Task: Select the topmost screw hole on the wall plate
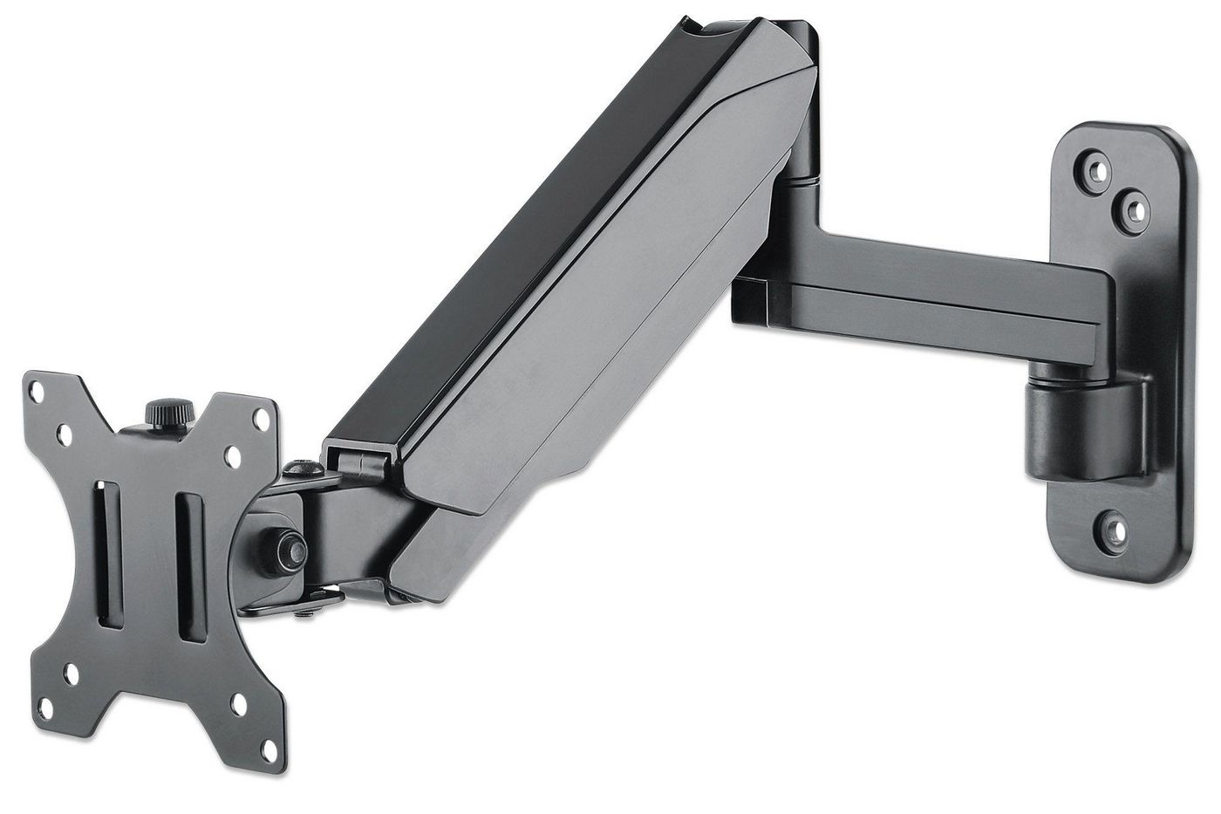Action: [1093, 165]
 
